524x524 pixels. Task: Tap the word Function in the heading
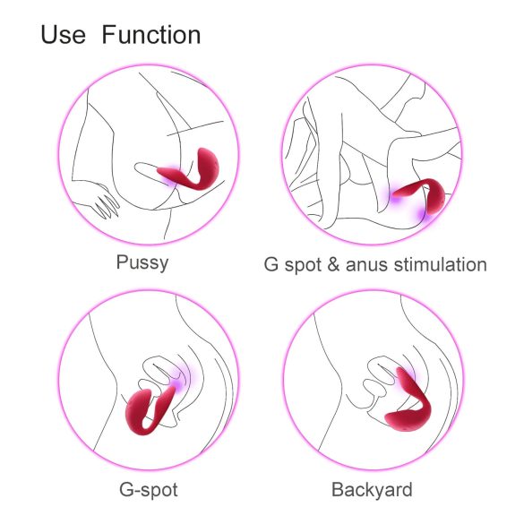[150, 36]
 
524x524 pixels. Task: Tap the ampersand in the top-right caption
[332, 264]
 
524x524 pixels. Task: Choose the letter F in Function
[107, 36]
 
